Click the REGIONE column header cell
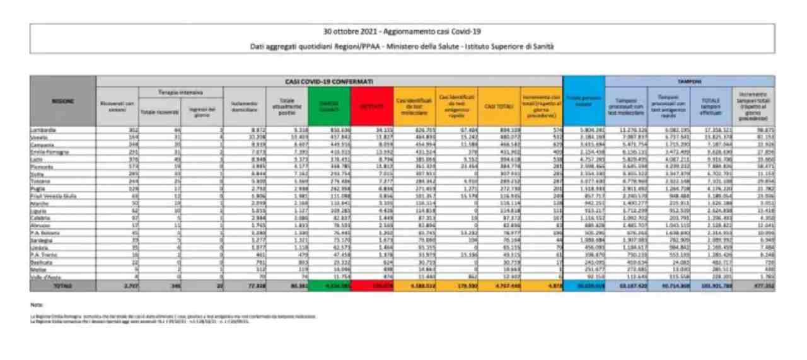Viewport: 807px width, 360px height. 62,102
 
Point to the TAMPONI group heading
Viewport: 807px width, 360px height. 689,81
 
